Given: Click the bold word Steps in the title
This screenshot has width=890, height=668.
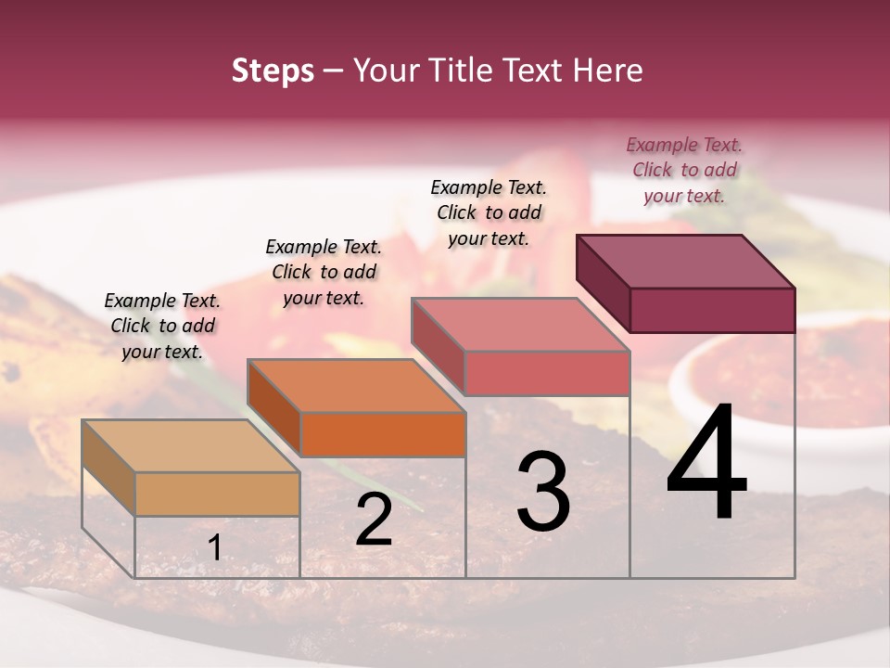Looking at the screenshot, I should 273,71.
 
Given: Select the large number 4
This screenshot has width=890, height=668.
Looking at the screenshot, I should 706,464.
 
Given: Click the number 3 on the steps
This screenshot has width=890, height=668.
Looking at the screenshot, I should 543,492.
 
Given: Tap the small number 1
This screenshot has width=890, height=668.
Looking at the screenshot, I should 215,548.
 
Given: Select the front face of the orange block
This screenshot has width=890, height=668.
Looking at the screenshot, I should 383,434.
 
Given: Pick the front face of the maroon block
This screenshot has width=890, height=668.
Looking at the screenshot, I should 712,310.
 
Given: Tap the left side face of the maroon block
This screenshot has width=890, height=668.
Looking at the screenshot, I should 603,278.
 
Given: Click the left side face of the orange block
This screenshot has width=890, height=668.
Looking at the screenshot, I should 273,408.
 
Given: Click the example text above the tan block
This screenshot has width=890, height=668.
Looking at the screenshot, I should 162,327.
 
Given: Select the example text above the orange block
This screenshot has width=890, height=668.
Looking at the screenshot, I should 324,272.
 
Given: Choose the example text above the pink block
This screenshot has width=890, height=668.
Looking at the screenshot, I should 489,212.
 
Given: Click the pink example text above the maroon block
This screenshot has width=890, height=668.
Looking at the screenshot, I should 684,170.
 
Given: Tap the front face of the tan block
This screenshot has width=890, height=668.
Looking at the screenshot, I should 217,494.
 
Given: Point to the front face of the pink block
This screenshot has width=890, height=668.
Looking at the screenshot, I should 547,373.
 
